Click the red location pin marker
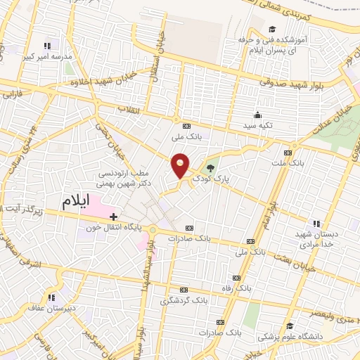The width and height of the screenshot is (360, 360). pyautogui.click(x=181, y=165)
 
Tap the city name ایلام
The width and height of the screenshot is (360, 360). pyautogui.click(x=77, y=201)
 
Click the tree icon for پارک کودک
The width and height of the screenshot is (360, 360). pyautogui.click(x=210, y=167)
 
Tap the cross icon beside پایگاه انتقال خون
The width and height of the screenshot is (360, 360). pyautogui.click(x=114, y=215)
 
